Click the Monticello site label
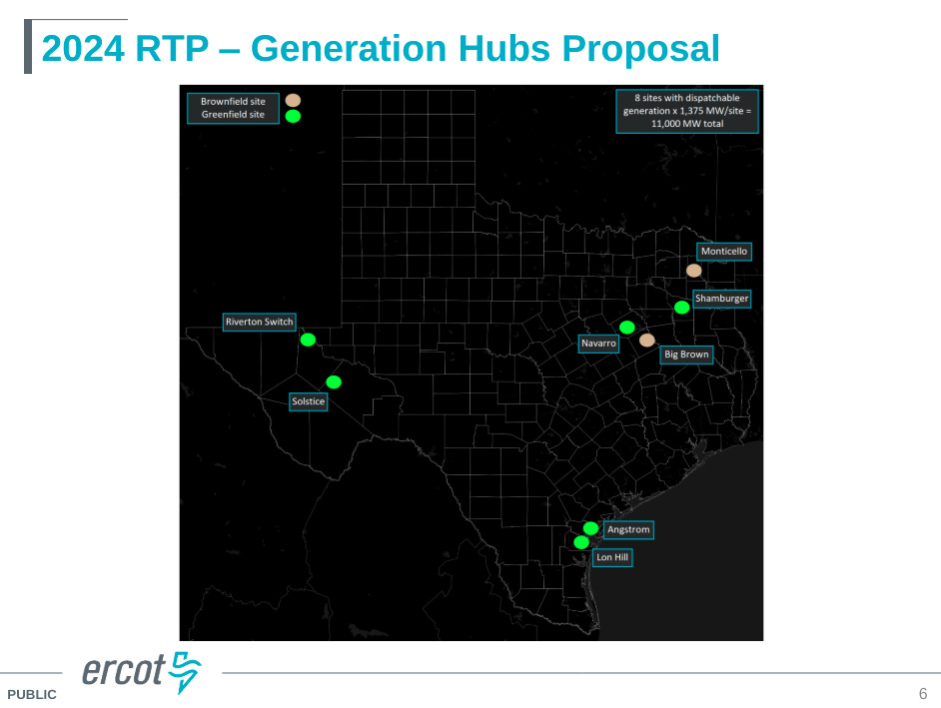(x=724, y=252)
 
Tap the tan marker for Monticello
(x=694, y=271)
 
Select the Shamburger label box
(x=721, y=299)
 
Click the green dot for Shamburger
(x=681, y=308)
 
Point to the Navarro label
(x=598, y=344)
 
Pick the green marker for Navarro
(x=627, y=327)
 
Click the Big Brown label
(x=686, y=354)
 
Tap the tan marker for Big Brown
(x=647, y=341)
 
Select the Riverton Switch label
(x=260, y=322)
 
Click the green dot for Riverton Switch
(x=308, y=340)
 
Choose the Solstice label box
(x=308, y=401)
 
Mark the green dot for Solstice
(x=334, y=382)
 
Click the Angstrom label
(x=628, y=529)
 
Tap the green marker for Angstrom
(x=590, y=528)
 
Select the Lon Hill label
(x=611, y=558)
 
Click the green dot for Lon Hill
(x=581, y=542)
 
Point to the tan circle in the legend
(x=293, y=101)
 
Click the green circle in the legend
(x=293, y=116)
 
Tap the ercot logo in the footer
(x=141, y=672)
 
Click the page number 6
(x=923, y=694)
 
